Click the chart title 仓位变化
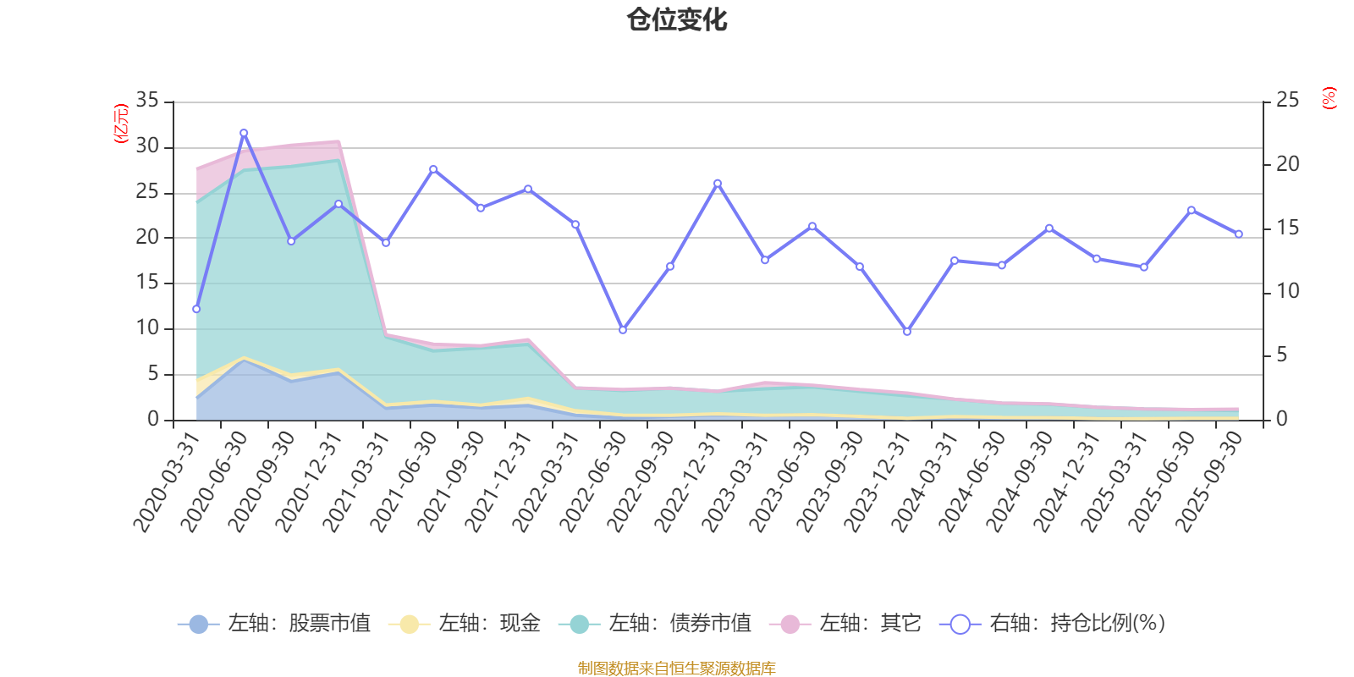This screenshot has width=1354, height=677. tap(677, 19)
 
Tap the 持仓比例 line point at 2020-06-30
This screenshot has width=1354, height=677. tap(244, 133)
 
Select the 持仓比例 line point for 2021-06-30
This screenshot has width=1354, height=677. tap(433, 169)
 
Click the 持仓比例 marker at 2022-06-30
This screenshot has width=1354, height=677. tap(623, 330)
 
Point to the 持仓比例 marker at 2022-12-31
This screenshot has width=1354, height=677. tap(718, 183)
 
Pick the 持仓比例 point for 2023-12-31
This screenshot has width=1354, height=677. tap(907, 332)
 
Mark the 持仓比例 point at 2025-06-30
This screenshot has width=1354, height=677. tap(1192, 210)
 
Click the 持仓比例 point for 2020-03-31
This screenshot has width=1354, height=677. tap(196, 309)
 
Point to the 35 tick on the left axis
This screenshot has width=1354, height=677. tap(147, 101)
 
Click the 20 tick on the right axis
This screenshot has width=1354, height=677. tap(1287, 164)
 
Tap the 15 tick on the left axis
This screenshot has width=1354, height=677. tap(147, 283)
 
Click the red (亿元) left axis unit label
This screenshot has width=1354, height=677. tap(121, 124)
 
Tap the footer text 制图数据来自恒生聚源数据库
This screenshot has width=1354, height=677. tap(677, 669)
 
